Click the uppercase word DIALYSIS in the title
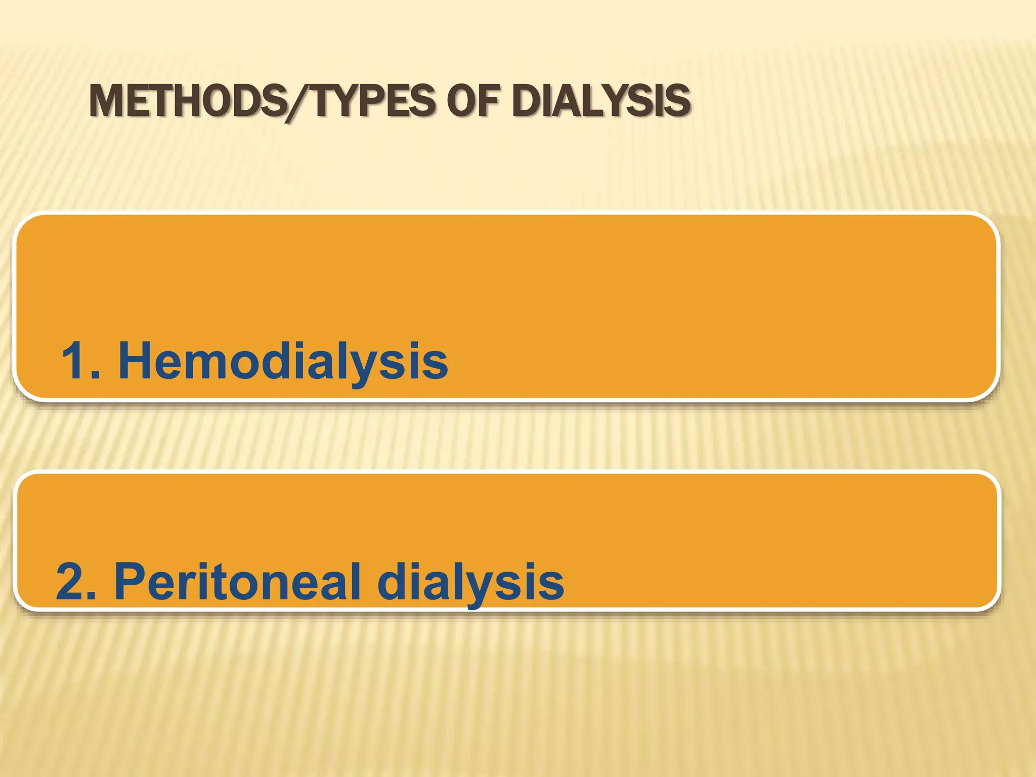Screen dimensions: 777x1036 [x=601, y=101]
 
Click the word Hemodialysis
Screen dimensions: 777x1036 [x=283, y=361]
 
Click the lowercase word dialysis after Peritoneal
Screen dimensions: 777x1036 [x=470, y=582]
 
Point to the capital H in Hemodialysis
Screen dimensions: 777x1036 [x=136, y=361]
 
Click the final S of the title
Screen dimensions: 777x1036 [x=677, y=101]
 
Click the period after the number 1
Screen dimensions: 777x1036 [x=97, y=374]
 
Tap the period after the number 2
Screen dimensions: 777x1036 [x=92, y=595]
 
